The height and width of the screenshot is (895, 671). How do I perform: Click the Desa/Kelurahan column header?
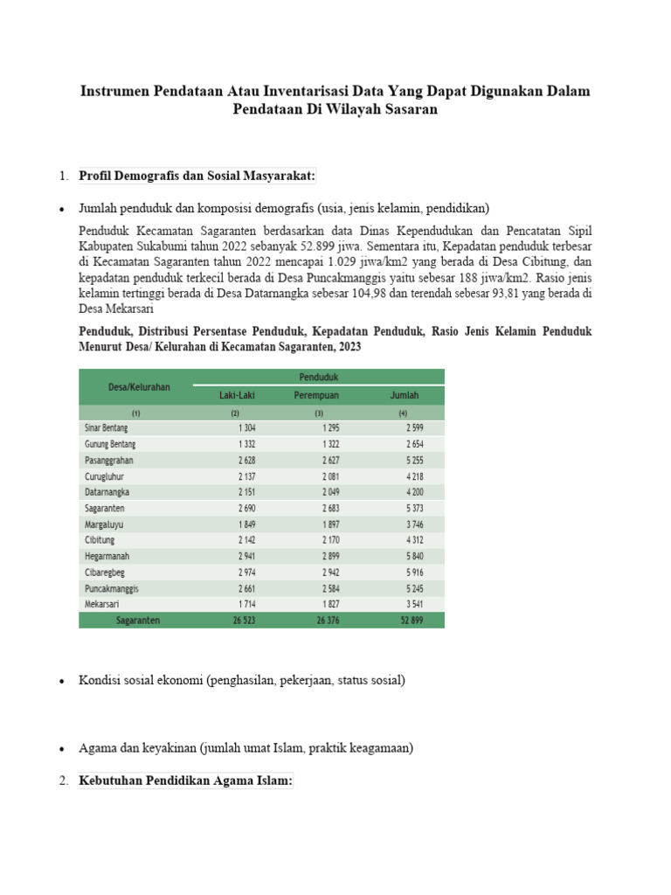point(139,386)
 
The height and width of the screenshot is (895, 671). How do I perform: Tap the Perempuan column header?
point(316,395)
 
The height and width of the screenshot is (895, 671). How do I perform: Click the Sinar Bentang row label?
point(106,427)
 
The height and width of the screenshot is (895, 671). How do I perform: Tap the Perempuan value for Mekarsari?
point(329,604)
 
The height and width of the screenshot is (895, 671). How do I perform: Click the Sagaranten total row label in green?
point(138,620)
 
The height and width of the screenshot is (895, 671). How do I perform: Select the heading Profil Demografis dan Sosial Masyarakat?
point(197,176)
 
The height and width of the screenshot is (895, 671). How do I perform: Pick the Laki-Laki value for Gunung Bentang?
point(245,444)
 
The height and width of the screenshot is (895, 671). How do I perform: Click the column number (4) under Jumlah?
point(403,413)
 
